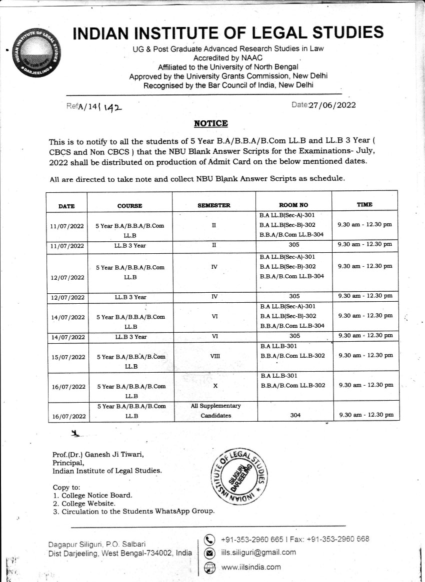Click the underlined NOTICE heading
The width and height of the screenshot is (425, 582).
point(210,123)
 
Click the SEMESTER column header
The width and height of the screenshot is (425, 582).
point(213,205)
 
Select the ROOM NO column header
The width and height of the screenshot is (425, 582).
point(293,205)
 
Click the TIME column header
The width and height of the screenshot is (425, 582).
point(364,204)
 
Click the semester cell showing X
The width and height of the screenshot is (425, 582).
point(214,386)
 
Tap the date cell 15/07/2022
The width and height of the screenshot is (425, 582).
point(67,357)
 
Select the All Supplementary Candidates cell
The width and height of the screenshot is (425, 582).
point(216,410)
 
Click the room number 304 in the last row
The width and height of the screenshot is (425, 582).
point(295,415)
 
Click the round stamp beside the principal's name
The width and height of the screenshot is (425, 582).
point(241,473)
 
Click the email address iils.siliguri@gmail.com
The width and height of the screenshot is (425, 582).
point(258,553)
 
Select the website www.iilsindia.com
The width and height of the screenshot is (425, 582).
point(250,567)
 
